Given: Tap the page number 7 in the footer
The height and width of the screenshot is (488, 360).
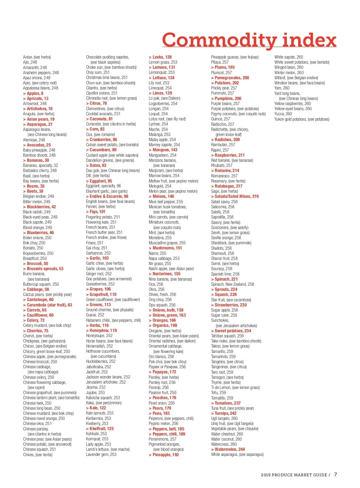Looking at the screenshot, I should click(335, 474).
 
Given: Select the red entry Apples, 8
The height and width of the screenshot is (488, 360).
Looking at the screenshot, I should click(33, 93).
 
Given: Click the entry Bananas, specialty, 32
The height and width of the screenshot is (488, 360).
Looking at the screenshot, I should click(40, 165).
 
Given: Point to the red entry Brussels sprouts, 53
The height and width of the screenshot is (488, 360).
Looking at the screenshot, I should click(43, 269).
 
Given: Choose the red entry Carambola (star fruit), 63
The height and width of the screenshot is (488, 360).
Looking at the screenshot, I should click(48, 305).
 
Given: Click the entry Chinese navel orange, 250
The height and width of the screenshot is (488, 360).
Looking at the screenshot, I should click(44, 418).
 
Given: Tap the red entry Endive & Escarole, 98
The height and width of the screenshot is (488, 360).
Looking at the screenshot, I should click(107, 196).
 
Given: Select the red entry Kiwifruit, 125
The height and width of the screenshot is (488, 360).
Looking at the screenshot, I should click(100, 429).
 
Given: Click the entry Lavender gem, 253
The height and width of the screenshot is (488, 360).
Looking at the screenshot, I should click(101, 454).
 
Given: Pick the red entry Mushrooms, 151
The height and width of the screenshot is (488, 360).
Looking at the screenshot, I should click(165, 248).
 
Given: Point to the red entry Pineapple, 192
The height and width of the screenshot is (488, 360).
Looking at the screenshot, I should click(164, 455).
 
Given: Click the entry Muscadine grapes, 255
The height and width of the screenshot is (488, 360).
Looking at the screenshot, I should click(167, 243).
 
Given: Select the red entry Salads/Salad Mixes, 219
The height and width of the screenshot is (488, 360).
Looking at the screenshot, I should click(235, 196).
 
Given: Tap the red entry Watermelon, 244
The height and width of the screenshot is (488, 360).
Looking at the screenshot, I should click(228, 449).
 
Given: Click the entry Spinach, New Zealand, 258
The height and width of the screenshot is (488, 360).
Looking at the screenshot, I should click(232, 284).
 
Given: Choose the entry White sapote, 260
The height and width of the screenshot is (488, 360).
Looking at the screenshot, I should click(289, 57).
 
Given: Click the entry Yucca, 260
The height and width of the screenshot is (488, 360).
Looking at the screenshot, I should click(283, 114).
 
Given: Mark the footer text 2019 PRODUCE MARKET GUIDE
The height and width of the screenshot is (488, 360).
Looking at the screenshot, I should click(294, 475).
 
